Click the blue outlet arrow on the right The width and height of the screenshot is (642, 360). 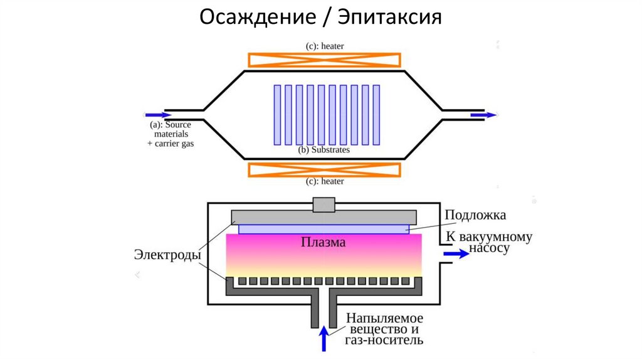484,115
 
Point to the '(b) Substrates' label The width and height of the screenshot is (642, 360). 324,150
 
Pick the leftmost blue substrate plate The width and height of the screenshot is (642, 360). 278,114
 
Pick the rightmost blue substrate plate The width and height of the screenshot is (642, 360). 376,114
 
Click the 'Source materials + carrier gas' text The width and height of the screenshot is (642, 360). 171,134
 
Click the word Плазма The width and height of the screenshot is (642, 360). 324,242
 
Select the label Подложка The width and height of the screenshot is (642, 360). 475,215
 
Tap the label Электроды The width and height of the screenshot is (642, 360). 167,255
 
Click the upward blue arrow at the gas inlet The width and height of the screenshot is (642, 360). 324,339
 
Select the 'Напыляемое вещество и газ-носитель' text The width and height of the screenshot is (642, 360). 384,329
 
